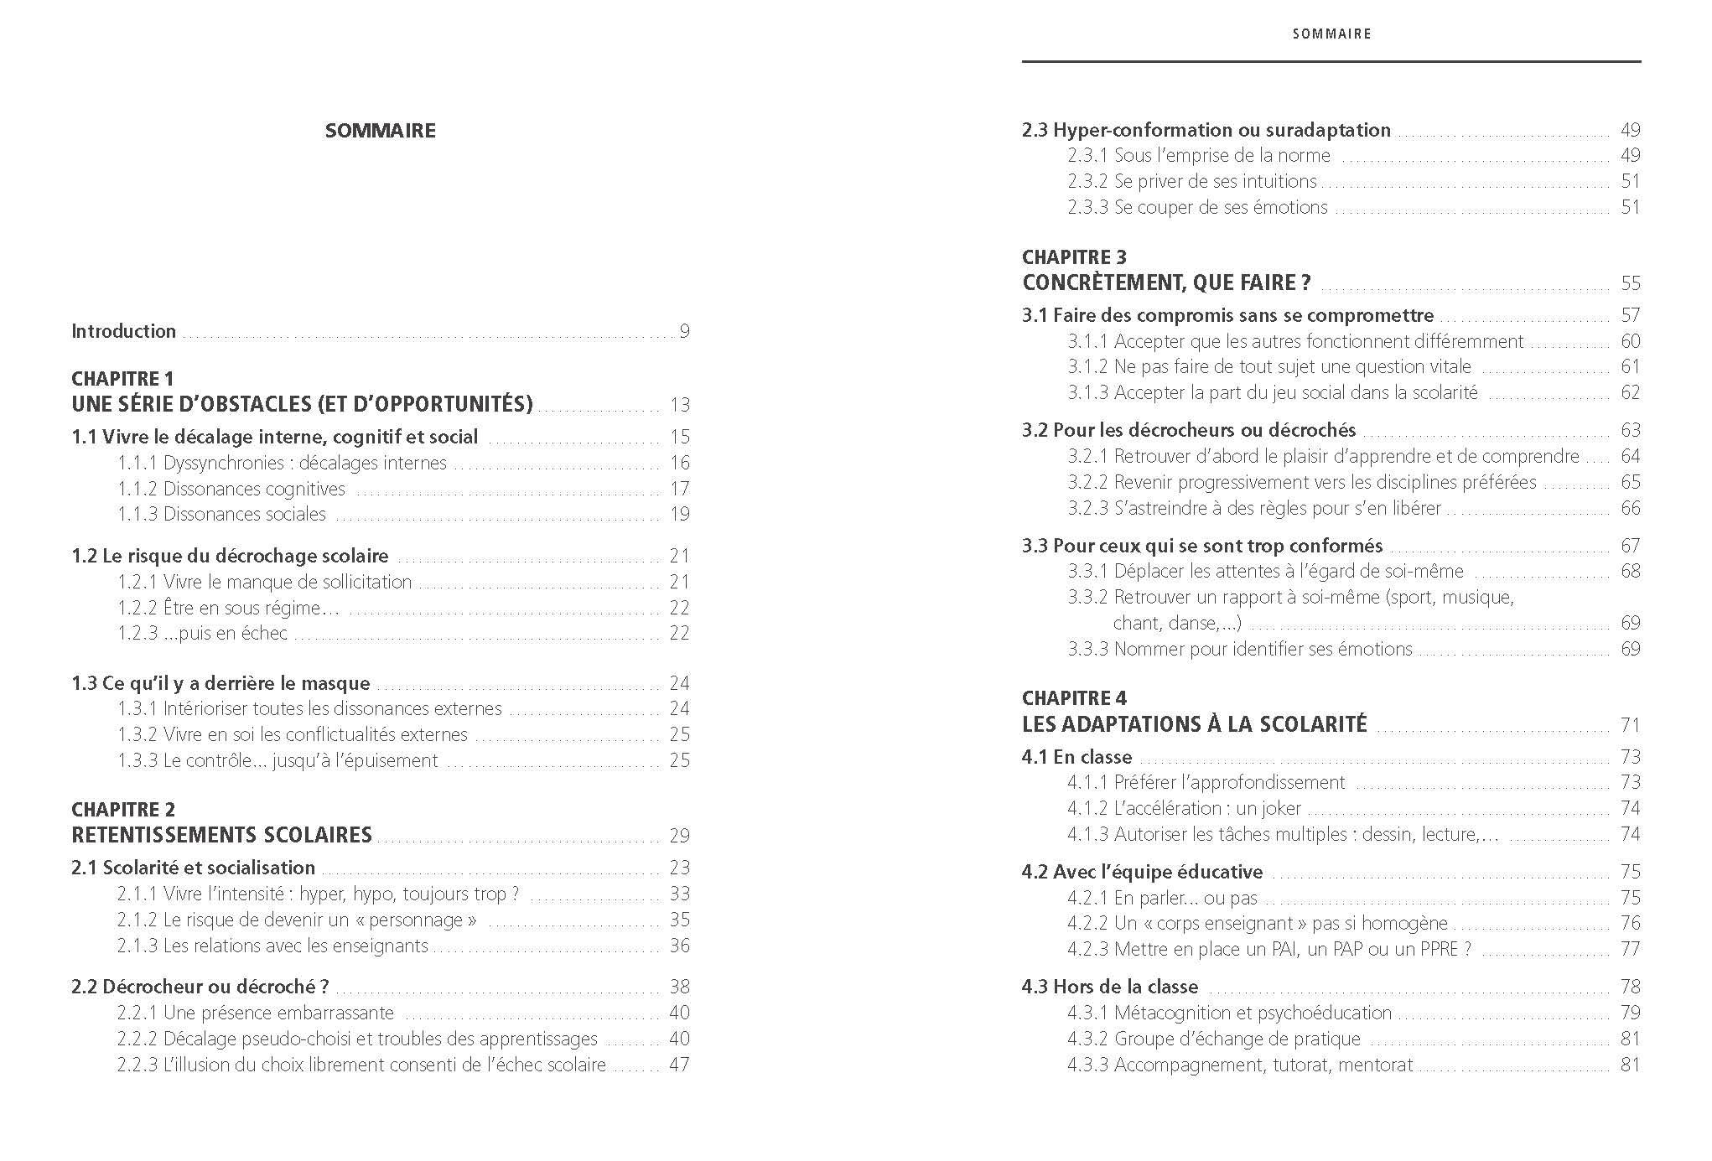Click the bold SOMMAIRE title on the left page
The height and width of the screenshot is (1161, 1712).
click(x=380, y=131)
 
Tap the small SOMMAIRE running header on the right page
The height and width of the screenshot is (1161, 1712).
click(x=1331, y=34)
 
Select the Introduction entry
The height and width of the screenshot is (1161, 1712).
click(x=123, y=331)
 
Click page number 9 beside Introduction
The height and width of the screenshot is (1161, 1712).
click(x=684, y=331)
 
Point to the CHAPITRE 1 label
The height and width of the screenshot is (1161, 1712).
click(x=122, y=378)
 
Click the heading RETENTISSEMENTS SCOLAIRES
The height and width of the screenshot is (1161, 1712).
click(x=221, y=835)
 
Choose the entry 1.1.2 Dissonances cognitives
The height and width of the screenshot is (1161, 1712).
click(x=231, y=489)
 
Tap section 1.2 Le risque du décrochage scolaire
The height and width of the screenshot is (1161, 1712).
click(x=230, y=556)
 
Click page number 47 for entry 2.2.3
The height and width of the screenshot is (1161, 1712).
click(x=679, y=1065)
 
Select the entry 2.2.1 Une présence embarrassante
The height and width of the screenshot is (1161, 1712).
click(x=256, y=1013)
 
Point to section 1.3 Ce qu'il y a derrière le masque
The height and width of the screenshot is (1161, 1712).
click(x=220, y=683)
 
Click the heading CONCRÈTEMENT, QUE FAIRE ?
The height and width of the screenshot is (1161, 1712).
click(x=1166, y=282)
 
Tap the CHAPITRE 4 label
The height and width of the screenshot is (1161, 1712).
click(x=1074, y=698)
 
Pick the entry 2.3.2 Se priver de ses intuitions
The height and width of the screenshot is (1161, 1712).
click(x=1191, y=181)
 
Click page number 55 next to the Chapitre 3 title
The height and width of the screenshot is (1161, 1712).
click(x=1630, y=283)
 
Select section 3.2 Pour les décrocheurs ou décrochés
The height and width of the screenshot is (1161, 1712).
click(x=1188, y=430)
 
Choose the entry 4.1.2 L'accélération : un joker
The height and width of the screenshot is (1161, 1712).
click(x=1184, y=808)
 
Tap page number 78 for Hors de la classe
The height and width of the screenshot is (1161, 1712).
click(x=1630, y=987)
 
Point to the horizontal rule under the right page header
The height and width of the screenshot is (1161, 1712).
click(x=1331, y=61)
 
